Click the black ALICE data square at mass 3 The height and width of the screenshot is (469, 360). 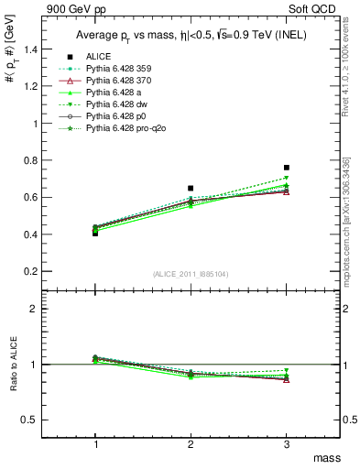pos(287,168)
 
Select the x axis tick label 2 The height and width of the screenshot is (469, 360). pos(191,443)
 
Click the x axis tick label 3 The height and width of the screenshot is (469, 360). pos(287,443)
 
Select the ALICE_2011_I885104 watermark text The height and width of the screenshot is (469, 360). pos(191,273)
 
